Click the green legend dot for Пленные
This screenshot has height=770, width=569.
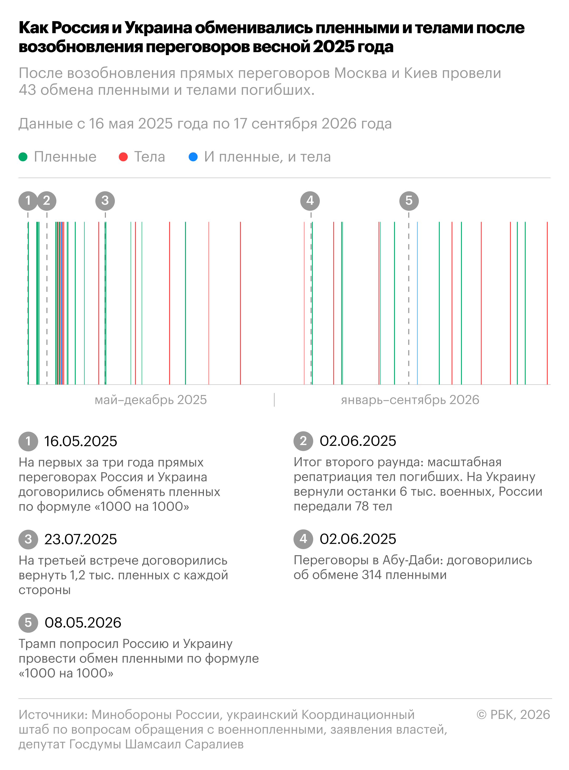[x=23, y=157]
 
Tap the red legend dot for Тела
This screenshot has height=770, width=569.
[x=123, y=157]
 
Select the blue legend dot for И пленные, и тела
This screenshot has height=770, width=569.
[x=193, y=157]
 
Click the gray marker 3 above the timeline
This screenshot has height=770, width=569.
[x=105, y=201]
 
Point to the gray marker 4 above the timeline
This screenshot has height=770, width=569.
[x=310, y=201]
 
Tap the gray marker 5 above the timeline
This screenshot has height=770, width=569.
[x=409, y=201]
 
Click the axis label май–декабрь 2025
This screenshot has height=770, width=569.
[x=151, y=400]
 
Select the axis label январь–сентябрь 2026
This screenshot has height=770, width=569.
[x=410, y=400]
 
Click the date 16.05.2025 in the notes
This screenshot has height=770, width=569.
[x=81, y=441]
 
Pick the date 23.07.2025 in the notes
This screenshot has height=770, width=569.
[x=81, y=539]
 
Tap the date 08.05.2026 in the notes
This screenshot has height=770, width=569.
[x=83, y=623]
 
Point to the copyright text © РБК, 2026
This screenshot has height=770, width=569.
[x=513, y=714]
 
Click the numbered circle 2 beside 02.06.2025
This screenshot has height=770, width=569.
[x=303, y=441]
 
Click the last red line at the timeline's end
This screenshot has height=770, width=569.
[x=547, y=303]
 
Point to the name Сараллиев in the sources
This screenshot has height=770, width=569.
[x=214, y=744]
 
